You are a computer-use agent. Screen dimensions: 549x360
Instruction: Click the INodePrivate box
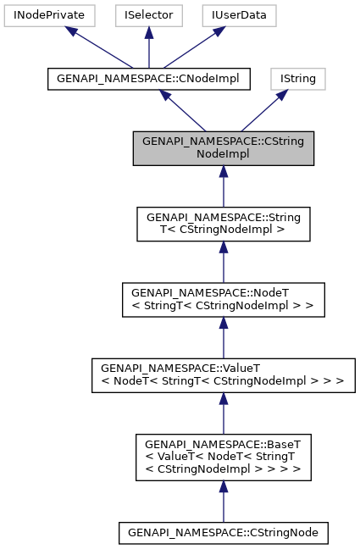click(49, 14)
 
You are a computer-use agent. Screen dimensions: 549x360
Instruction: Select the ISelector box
click(148, 14)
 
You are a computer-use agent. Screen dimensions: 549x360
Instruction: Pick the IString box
click(297, 79)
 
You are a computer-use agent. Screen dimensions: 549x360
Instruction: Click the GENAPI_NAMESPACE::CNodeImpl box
click(148, 79)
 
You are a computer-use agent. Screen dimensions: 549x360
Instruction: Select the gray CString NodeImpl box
click(223, 148)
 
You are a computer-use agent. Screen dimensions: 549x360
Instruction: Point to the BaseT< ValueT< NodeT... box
click(223, 457)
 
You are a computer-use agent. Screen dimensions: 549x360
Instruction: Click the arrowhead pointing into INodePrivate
click(75, 32)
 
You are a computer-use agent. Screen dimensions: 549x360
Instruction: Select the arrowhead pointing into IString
click(280, 97)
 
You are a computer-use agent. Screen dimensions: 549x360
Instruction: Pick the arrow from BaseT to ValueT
click(223, 413)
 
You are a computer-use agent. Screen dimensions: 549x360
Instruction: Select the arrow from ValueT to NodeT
click(223, 338)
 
